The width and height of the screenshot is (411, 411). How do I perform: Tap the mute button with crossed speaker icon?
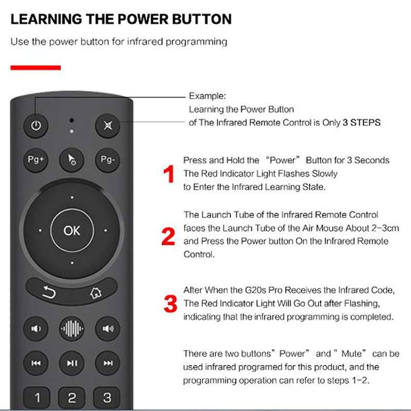107,125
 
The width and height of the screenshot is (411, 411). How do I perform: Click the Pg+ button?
35,160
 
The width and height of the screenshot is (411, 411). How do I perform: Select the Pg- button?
107,160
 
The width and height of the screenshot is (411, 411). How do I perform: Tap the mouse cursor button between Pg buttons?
71,160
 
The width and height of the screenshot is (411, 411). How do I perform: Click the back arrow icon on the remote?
49,292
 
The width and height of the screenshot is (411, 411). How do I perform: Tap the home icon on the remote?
96,292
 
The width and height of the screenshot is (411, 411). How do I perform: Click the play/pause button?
71,363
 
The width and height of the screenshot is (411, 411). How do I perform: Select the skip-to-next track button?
107,363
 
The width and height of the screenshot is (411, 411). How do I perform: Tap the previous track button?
35,363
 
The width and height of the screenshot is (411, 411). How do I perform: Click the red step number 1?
169,174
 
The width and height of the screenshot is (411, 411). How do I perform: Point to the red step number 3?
171,304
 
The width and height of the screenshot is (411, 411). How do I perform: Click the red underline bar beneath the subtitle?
35,68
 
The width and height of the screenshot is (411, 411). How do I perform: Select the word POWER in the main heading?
143,19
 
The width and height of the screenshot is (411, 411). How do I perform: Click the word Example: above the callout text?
208,96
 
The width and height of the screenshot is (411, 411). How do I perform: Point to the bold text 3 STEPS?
362,122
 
